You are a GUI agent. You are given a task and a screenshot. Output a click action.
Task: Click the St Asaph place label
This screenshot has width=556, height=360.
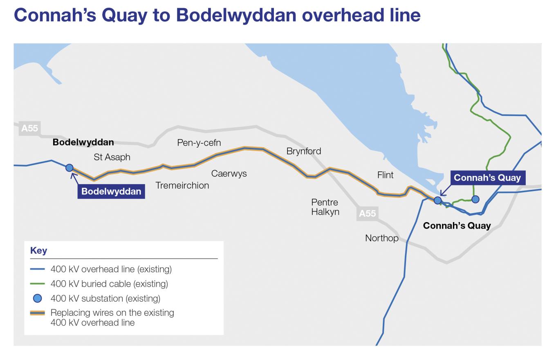pos(112,157)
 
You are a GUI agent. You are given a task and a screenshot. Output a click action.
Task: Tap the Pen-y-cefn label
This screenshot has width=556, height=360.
pos(199,143)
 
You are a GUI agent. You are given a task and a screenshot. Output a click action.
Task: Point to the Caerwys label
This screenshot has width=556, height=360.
pos(229,173)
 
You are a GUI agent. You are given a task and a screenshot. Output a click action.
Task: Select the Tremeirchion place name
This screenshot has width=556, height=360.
pos(182,185)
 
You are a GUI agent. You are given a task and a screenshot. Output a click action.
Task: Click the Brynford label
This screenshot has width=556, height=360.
pos(304,151)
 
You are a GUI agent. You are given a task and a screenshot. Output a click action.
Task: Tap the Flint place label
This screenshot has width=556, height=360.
pos(385,175)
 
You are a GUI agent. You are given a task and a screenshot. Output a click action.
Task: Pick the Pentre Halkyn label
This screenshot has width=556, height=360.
pos(325,207)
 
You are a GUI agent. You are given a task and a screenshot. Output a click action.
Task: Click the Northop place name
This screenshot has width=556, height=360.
pos(381,238)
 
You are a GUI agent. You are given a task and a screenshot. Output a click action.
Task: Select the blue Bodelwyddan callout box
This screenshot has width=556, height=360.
pos(111,191)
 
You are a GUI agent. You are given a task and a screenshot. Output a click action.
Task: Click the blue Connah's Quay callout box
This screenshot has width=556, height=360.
pos(487,178)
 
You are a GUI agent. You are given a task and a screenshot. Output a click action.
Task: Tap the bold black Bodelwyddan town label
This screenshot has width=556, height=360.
pos(83,142)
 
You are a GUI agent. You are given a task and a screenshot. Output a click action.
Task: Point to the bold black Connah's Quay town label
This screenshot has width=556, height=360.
pos(457,225)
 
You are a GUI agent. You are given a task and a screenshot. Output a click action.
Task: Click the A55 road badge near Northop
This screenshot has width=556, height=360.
pos(367,213)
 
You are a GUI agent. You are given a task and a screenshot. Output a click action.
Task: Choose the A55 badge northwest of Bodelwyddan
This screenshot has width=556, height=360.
pos(29,128)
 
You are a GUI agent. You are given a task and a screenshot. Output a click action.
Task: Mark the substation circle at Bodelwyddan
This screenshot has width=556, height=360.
pos(69,168)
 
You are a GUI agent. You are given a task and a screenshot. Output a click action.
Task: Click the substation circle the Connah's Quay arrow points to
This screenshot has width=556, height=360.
pos(437,200)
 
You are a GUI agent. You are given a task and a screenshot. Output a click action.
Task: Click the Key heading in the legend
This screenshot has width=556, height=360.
pos(38,250)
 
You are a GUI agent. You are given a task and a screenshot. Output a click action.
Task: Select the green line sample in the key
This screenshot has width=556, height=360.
pos(37,284)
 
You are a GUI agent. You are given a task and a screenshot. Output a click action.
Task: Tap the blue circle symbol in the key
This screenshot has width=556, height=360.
pos(37,298)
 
